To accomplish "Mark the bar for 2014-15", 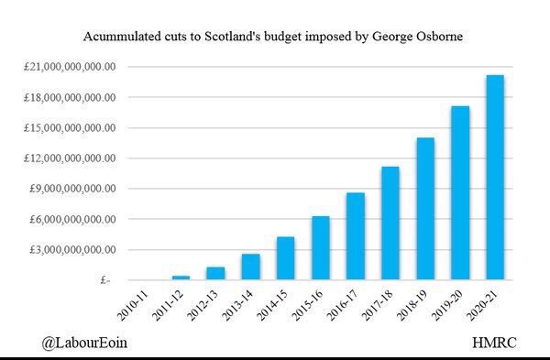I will coord(285,258).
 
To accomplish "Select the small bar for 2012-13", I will coord(215,273).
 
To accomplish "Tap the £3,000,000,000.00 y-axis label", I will coord(76,250).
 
